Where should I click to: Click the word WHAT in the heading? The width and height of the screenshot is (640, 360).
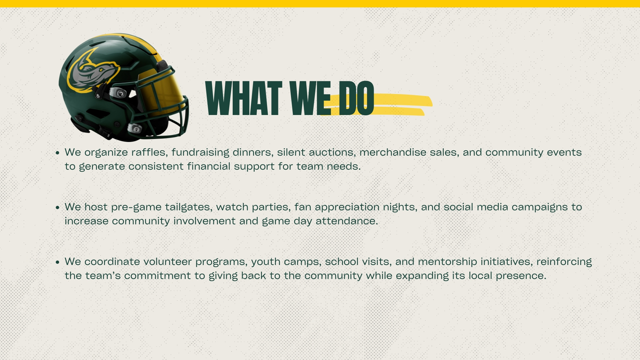pos(243,98)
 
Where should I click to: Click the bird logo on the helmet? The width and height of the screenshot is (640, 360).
pos(92,71)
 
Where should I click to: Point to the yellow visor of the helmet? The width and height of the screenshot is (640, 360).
pos(160,91)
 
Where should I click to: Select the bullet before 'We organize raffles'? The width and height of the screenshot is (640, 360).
pos(57,153)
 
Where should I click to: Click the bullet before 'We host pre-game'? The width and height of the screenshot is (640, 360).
pos(57,207)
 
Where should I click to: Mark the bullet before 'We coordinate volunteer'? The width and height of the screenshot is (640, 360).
pos(57,262)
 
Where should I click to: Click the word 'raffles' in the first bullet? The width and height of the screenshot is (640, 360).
pos(149,152)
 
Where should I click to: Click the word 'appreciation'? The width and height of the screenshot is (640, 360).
pos(347,207)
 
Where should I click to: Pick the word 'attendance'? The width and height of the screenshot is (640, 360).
pos(346,221)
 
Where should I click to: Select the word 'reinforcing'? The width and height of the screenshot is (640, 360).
pos(564,262)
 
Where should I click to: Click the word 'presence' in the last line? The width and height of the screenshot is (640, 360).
pos(521,276)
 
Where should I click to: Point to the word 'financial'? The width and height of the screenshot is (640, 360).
pos(208,166)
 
